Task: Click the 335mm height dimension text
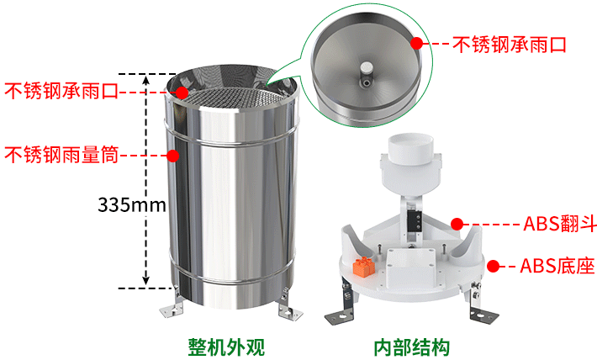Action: [132, 204]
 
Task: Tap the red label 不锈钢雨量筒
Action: [61, 155]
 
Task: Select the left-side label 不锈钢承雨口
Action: [61, 91]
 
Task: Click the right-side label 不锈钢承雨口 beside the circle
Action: [510, 45]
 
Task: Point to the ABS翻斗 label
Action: [560, 224]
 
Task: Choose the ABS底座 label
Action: [557, 266]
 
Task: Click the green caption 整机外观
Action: [226, 347]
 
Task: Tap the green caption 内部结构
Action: [411, 347]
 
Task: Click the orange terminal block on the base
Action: [364, 267]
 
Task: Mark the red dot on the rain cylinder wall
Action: [173, 156]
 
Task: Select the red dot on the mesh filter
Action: [182, 93]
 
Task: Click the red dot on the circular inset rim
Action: [417, 43]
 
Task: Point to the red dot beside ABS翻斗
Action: [457, 224]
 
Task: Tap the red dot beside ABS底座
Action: [494, 267]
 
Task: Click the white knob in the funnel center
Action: [367, 67]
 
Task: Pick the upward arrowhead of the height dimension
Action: [146, 80]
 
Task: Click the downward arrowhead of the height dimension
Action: [146, 280]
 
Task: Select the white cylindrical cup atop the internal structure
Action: [411, 149]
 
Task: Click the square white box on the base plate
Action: [410, 267]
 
